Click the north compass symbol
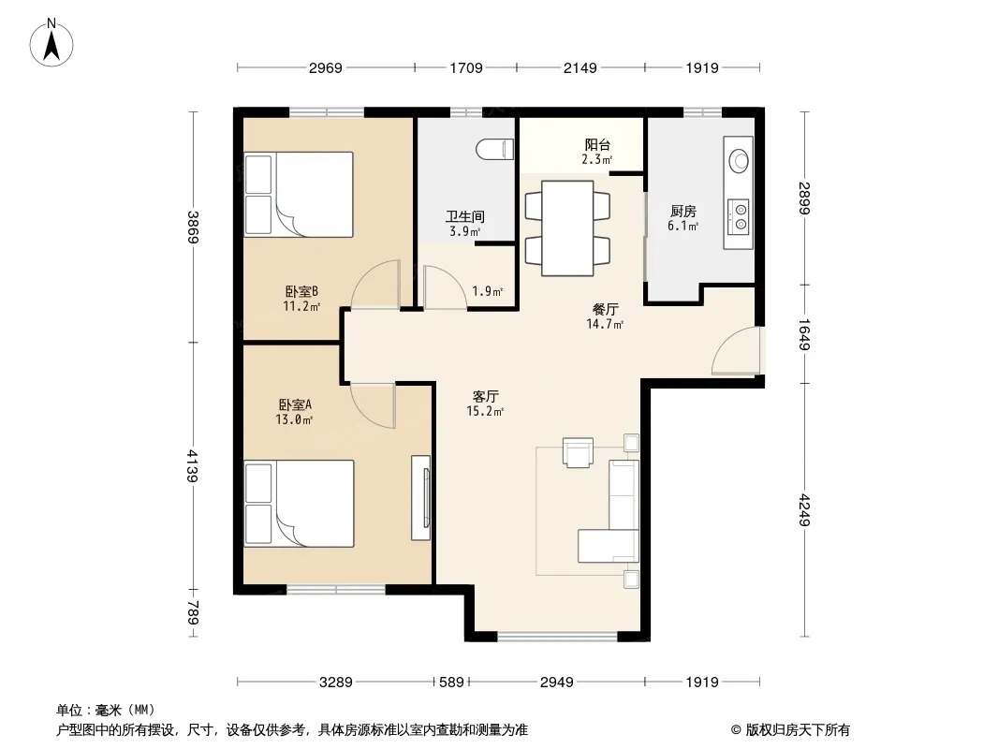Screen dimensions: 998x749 tap(51, 43)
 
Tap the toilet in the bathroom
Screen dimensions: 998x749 tap(494, 149)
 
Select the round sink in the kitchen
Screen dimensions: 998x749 tap(739, 160)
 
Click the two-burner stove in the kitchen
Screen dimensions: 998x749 tap(740, 215)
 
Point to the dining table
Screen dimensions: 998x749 tap(567, 228)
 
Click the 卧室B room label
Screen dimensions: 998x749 tap(301, 291)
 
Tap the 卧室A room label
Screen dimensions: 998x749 tap(295, 404)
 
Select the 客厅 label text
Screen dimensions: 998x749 tap(485, 396)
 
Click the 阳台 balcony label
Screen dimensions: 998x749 tap(597, 144)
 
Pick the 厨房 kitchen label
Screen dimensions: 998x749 tap(682, 211)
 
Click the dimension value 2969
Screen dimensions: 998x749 tap(325, 68)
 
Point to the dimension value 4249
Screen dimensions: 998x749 tap(804, 509)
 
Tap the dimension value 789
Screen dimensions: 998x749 tap(194, 613)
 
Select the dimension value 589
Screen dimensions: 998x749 tap(452, 683)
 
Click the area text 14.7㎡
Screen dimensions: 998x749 tap(605, 324)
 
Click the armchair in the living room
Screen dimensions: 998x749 tap(578, 452)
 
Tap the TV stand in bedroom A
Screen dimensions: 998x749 tap(420, 498)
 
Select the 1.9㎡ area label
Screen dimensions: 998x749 tap(487, 291)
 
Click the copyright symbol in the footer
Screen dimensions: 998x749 tap(736, 730)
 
